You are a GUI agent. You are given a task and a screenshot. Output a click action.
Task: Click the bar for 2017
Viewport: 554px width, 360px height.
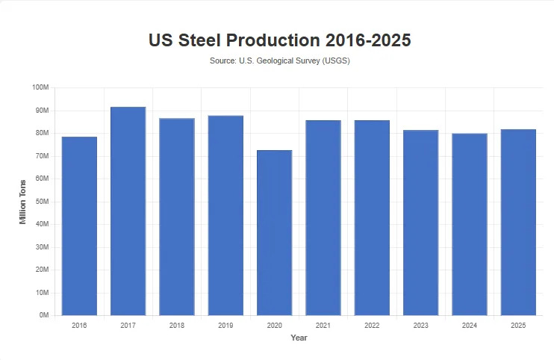pos(128,211)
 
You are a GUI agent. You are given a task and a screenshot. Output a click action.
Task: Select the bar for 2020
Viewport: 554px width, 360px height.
pos(274,233)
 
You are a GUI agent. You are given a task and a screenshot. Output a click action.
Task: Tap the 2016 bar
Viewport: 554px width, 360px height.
pos(79,226)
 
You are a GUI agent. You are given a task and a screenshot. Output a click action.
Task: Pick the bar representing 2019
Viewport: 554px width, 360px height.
pos(225,216)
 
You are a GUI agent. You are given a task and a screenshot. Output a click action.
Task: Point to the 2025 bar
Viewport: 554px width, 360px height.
pos(518,223)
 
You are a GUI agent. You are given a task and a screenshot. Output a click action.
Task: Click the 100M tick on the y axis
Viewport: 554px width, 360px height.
pos(40,88)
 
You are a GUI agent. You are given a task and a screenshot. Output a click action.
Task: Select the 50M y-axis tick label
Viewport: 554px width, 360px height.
pos(42,202)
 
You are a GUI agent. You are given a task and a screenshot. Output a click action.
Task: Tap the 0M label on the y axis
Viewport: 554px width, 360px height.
pos(43,316)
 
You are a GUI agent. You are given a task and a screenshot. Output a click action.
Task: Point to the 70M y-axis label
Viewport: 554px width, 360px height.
pos(42,156)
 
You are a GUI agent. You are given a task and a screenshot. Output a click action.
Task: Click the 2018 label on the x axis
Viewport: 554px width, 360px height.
pos(177,326)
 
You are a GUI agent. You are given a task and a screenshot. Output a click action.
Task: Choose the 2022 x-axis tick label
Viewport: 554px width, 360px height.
pos(372,326)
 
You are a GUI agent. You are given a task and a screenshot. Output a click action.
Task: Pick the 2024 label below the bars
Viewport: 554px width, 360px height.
pos(470,326)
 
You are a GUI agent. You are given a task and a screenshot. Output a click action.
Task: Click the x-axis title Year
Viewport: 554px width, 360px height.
pos(299,338)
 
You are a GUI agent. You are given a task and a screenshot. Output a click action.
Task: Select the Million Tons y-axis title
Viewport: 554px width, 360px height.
pos(23,202)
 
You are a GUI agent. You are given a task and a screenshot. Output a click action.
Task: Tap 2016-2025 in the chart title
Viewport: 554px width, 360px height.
pos(366,40)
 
